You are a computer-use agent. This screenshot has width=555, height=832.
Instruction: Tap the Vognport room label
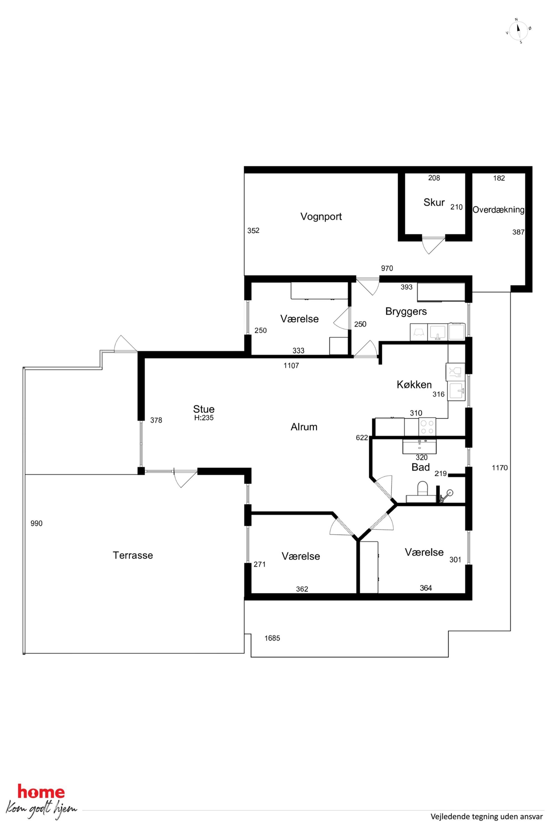click(321, 216)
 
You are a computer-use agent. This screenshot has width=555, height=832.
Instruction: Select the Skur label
click(434, 202)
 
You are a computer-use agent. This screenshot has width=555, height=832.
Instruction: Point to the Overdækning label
click(498, 210)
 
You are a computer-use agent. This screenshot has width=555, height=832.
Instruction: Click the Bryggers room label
click(406, 312)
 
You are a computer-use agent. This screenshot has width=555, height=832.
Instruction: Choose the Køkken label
click(414, 384)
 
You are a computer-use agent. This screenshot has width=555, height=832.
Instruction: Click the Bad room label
click(420, 467)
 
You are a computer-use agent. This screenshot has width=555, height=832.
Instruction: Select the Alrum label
click(304, 427)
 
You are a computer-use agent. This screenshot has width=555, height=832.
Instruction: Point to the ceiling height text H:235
click(204, 418)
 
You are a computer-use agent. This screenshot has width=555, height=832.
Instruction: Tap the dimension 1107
click(291, 366)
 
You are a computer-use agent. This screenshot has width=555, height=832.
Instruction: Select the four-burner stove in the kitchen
click(427, 427)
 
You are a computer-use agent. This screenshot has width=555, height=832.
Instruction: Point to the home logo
click(41, 802)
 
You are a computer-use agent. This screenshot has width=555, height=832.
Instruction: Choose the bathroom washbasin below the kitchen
click(419, 446)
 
